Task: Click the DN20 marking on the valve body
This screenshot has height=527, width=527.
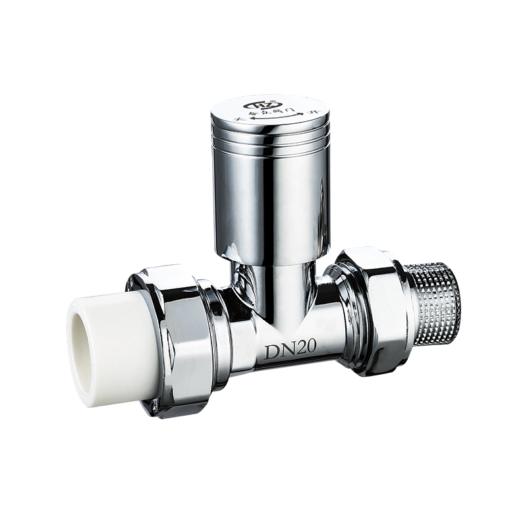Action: (291, 350)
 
